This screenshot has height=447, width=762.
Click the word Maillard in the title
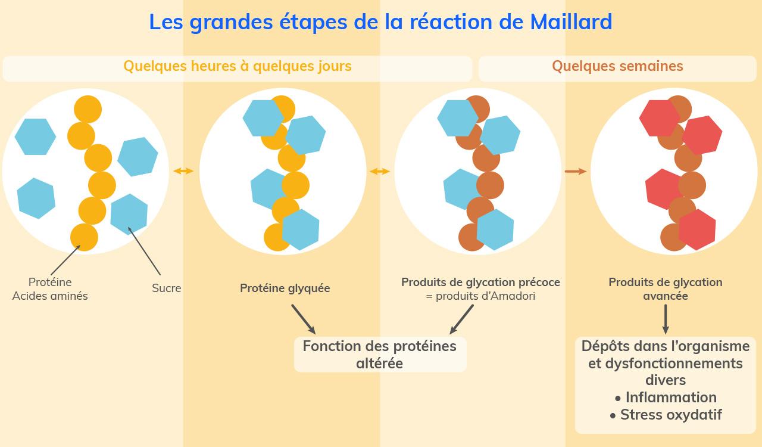pyautogui.click(x=570, y=22)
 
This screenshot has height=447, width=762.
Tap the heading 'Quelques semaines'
pyautogui.click(x=617, y=66)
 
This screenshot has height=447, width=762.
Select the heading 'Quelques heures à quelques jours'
pyautogui.click(x=237, y=66)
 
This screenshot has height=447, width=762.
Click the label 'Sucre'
pyautogui.click(x=166, y=288)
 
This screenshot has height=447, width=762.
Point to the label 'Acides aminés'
pyautogui.click(x=50, y=296)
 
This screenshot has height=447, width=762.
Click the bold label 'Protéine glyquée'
pyautogui.click(x=285, y=288)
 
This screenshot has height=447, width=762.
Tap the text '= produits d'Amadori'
pyautogui.click(x=480, y=296)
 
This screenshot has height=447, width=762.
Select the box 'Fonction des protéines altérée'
pyautogui.click(x=380, y=355)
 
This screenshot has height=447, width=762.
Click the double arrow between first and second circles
pyautogui.click(x=183, y=172)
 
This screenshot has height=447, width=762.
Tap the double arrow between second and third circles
pyautogui.click(x=380, y=172)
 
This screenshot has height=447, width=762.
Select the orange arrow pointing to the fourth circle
pyautogui.click(x=575, y=172)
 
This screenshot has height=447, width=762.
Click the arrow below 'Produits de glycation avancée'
pyautogui.click(x=666, y=319)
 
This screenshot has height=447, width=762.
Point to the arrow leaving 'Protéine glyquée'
pyautogui.click(x=303, y=319)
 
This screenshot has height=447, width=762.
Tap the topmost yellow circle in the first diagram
pyautogui.click(x=88, y=110)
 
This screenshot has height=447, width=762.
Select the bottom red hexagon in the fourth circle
pyautogui.click(x=697, y=229)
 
